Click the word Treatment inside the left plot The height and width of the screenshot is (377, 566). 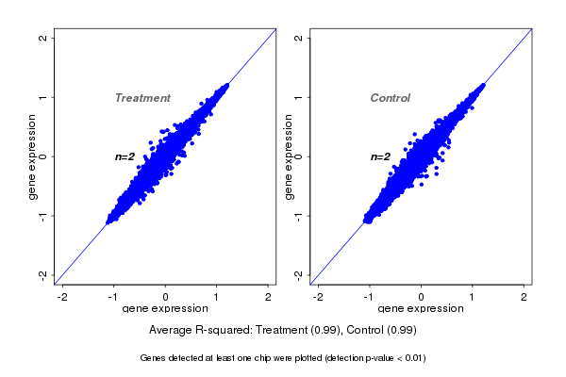click(x=142, y=98)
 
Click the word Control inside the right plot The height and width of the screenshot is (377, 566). click(x=390, y=98)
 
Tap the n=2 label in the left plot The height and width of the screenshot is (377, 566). click(x=125, y=156)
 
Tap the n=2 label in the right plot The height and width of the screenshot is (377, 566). click(x=380, y=156)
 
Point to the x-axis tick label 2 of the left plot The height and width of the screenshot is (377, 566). click(x=269, y=296)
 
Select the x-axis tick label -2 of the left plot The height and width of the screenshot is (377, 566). click(x=62, y=296)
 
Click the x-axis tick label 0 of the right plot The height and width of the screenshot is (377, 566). click(x=421, y=296)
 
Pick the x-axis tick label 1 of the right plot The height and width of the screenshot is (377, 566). click(x=473, y=296)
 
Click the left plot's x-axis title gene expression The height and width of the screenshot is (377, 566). click(x=165, y=309)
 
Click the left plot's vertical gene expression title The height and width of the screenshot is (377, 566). click(x=31, y=156)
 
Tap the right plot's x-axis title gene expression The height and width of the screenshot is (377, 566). click(x=421, y=309)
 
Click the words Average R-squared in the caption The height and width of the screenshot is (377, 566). click(x=195, y=330)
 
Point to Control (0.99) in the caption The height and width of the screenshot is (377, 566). click(x=385, y=330)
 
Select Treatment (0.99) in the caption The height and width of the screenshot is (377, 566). click(x=304, y=330)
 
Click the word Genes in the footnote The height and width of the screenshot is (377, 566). click(x=153, y=358)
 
